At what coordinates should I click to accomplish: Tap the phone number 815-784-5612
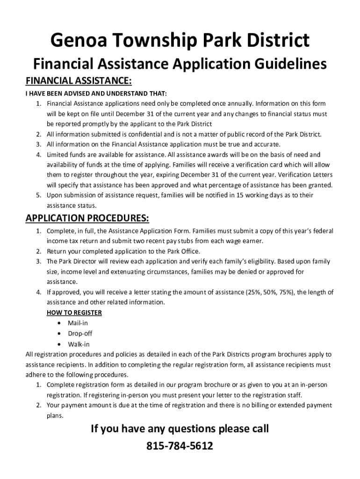pos(180,446)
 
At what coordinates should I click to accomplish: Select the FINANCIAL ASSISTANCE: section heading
pos(79,81)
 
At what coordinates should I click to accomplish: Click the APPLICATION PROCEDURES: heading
pos(87,218)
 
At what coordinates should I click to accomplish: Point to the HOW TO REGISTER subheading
pos(74,312)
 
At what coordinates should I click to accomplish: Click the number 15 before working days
pos(246,195)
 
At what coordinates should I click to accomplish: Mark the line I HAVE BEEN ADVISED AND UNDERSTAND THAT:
pos(96,93)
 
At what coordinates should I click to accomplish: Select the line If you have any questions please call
pos(180,428)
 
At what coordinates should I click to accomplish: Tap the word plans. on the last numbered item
pos(55,415)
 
